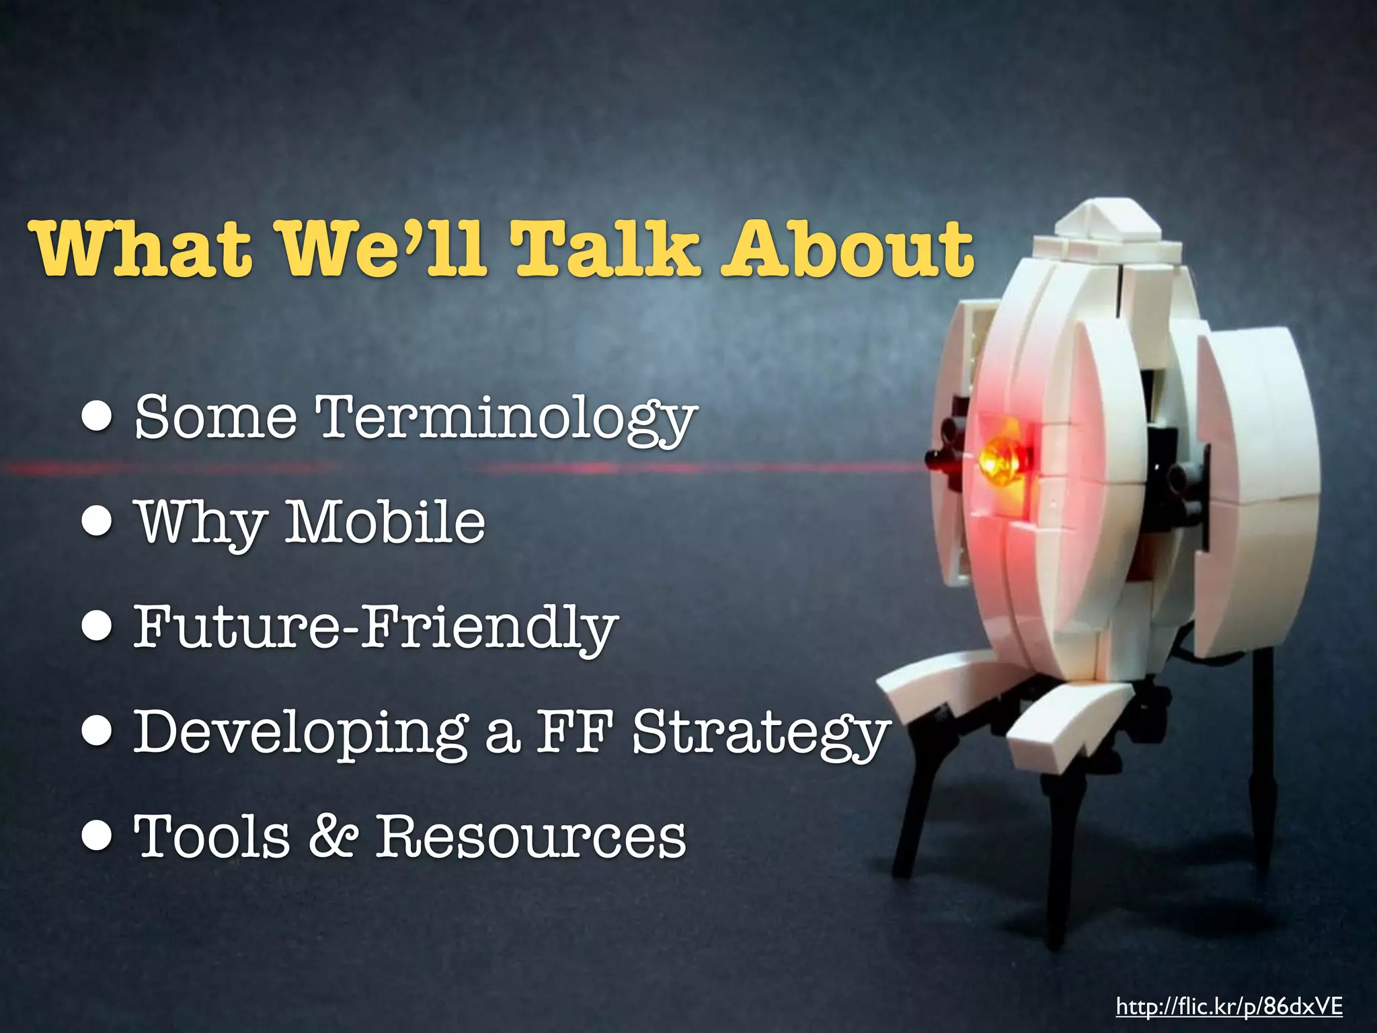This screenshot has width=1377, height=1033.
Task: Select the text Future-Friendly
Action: coord(375,627)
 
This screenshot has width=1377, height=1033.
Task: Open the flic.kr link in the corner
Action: coord(1229,1007)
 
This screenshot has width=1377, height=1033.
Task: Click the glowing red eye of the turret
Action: coord(1000,459)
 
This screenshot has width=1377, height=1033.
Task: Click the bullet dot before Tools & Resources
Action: coord(98,836)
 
